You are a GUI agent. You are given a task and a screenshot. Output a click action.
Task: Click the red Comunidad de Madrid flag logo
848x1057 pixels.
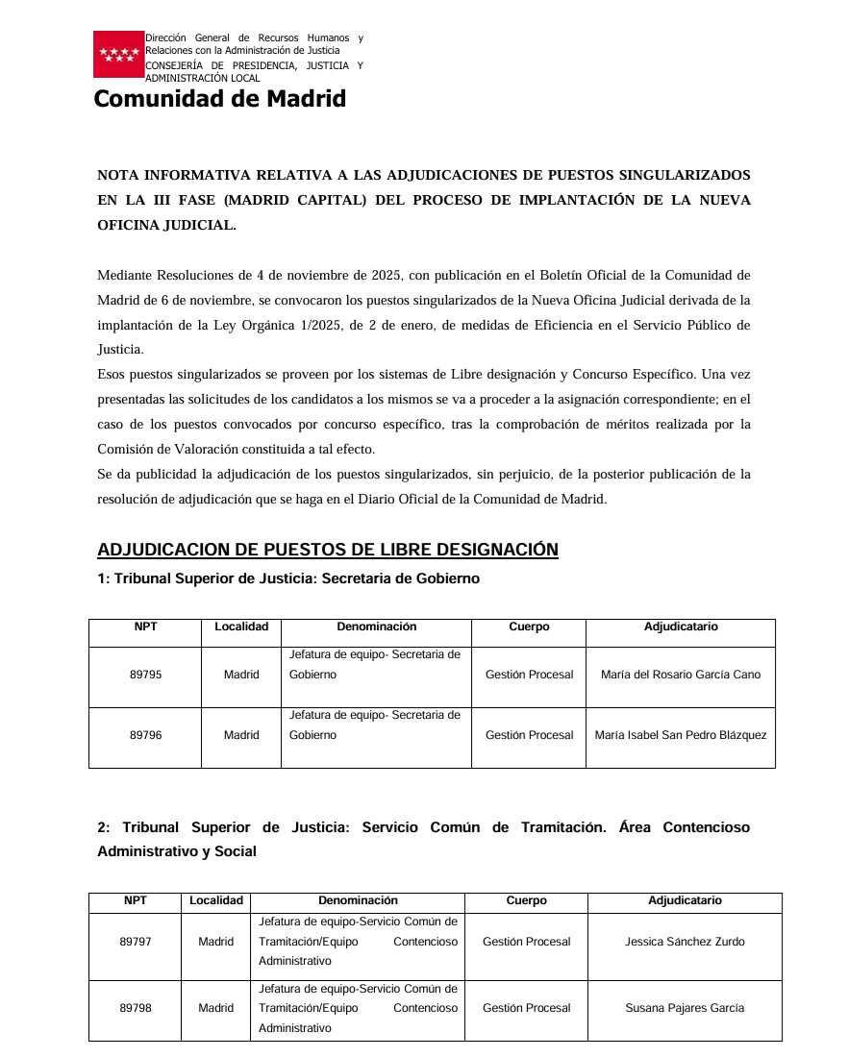pyautogui.click(x=118, y=54)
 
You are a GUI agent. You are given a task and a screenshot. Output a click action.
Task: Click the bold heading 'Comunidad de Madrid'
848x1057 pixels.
pyautogui.click(x=219, y=99)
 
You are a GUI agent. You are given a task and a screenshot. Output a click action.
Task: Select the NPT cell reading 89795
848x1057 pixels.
pyautogui.click(x=145, y=675)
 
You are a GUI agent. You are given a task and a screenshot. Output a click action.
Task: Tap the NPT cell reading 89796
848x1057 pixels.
pyautogui.click(x=145, y=735)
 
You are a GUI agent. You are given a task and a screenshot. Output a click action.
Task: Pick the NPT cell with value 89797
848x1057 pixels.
pyautogui.click(x=136, y=942)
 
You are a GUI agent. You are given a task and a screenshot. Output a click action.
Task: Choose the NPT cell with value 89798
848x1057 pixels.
pyautogui.click(x=136, y=1008)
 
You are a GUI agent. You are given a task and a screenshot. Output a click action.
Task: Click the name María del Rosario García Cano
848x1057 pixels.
pyautogui.click(x=680, y=675)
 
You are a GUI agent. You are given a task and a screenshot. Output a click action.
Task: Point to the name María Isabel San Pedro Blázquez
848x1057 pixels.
pyautogui.click(x=680, y=735)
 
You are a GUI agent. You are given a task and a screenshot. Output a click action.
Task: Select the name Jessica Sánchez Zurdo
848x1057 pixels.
pyautogui.click(x=684, y=942)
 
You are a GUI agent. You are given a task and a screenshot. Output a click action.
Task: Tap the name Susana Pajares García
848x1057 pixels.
pyautogui.click(x=684, y=1008)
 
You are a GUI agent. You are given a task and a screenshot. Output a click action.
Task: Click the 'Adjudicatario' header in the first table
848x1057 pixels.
pyautogui.click(x=680, y=627)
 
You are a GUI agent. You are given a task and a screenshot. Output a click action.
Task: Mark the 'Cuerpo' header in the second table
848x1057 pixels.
pyautogui.click(x=526, y=900)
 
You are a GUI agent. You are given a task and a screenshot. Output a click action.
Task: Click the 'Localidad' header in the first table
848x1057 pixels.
pyautogui.click(x=241, y=627)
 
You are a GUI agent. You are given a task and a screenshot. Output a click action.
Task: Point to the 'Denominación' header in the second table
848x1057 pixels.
pyautogui.click(x=358, y=900)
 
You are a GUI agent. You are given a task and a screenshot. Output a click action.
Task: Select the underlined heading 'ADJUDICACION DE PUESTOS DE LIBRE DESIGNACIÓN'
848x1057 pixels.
pyautogui.click(x=328, y=550)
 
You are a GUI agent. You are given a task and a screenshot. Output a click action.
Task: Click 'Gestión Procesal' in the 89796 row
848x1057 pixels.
pyautogui.click(x=529, y=735)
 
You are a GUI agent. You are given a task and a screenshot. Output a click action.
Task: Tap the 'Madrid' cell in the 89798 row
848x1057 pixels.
pyautogui.click(x=216, y=1008)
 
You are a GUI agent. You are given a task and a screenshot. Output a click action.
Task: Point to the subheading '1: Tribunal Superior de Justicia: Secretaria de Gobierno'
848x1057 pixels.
pyautogui.click(x=288, y=578)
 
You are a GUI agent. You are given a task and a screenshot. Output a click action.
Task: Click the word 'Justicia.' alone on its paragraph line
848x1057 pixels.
pyautogui.click(x=119, y=351)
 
